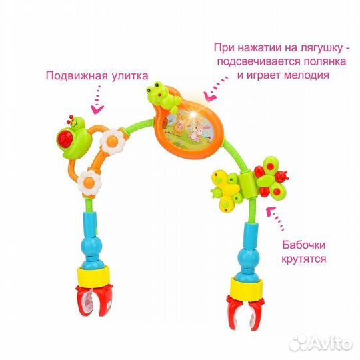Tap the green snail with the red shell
73,137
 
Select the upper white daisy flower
113,141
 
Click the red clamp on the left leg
94,300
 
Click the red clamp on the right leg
245,312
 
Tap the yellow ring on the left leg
93,276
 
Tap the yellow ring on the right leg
246,287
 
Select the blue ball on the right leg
247,257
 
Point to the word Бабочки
304,245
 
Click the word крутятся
304,259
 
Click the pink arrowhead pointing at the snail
97,109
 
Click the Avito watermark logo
321,343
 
